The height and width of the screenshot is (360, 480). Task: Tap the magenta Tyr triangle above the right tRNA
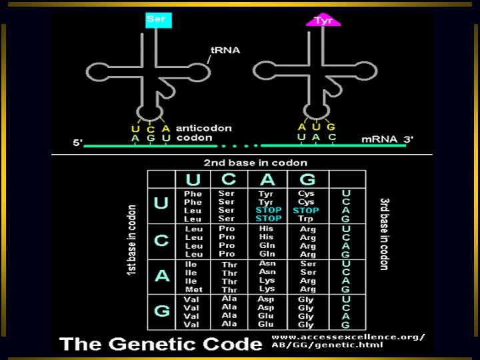[x=323, y=21]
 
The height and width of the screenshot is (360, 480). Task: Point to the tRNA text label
[x=225, y=50]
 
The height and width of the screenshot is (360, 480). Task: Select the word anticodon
[x=203, y=128]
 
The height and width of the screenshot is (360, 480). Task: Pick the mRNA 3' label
[x=387, y=139]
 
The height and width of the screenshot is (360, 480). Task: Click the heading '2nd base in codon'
[x=255, y=163]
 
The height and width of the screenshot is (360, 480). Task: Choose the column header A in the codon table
[x=268, y=179]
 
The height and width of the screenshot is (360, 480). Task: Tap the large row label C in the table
[x=161, y=241]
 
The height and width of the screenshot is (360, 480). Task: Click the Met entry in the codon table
[x=193, y=289]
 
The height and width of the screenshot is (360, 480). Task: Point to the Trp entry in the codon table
[x=307, y=219]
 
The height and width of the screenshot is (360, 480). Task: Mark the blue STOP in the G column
[x=306, y=211]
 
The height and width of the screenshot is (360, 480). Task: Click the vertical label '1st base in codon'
[x=133, y=241]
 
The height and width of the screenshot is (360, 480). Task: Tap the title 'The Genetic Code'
[x=160, y=343]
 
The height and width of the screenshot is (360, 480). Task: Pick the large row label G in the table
[x=161, y=311]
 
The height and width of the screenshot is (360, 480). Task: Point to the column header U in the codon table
[x=193, y=179]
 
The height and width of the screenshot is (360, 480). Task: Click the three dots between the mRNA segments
[x=239, y=144]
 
